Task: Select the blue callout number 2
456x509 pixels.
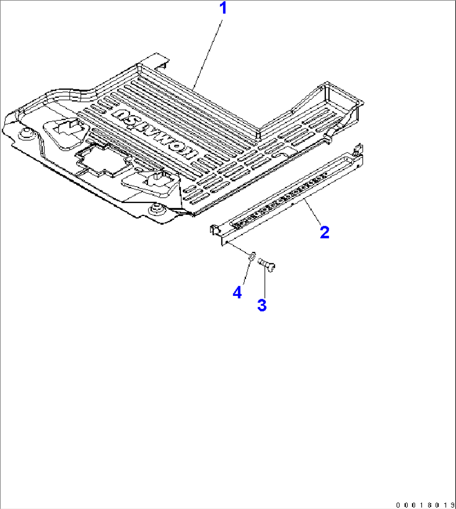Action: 325,232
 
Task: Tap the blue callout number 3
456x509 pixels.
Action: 262,305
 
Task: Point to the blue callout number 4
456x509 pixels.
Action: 237,293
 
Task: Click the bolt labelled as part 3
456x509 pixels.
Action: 266,265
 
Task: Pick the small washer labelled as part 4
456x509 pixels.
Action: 253,256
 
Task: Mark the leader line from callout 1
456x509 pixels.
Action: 208,55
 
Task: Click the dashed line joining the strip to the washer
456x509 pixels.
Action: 238,249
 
